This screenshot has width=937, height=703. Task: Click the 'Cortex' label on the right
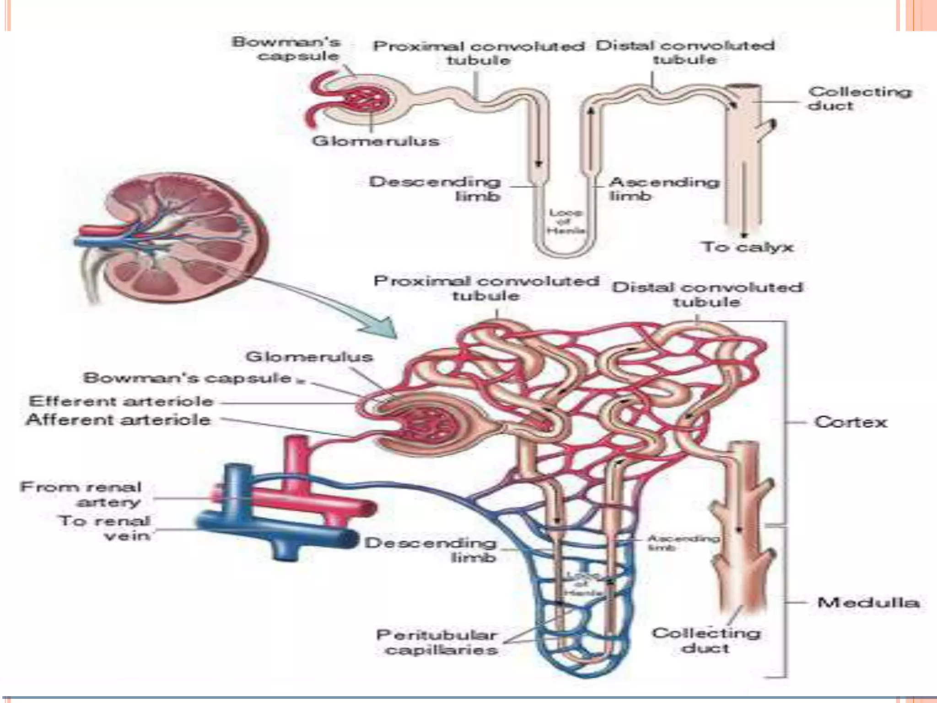coord(850,422)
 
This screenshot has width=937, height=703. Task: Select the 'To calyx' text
coord(748,247)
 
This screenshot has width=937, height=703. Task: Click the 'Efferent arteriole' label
coord(121,401)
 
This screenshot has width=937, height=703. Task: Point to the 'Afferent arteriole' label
coord(118,420)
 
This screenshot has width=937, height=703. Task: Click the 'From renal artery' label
coord(81,494)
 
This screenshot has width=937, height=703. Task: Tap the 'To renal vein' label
coord(105,528)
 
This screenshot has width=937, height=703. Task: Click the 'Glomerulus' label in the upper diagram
coord(375,141)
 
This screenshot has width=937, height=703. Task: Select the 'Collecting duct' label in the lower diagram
coord(706,640)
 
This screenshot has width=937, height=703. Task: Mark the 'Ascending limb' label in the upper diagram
coord(663,189)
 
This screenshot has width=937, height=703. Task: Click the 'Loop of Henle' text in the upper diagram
coord(565,222)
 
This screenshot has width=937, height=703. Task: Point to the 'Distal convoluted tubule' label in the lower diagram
coord(707,294)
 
